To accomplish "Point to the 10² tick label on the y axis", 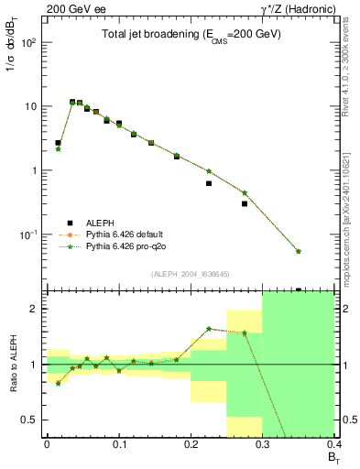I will pyautogui.click(x=28, y=43).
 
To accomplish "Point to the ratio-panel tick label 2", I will pyautogui.click(x=35, y=309).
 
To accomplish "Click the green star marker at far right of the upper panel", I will pyautogui.click(x=299, y=251).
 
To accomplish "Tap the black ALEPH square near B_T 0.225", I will pyautogui.click(x=209, y=183).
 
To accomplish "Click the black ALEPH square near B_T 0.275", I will pyautogui.click(x=245, y=203).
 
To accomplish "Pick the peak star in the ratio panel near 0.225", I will pyautogui.click(x=209, y=328).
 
